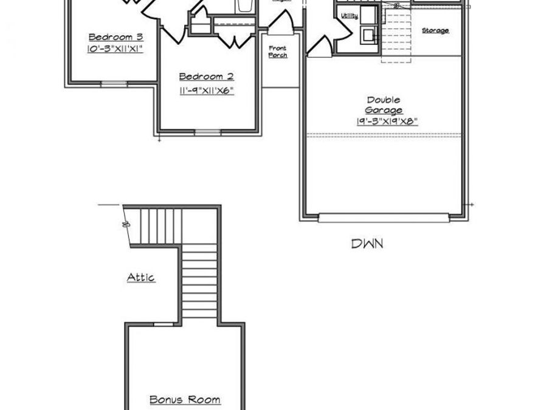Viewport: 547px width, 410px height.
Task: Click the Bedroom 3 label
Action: [107, 36]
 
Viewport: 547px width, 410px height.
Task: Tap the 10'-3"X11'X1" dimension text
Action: [107, 49]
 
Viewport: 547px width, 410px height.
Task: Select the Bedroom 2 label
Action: [207, 77]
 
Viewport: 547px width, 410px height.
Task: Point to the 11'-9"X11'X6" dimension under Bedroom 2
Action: [207, 91]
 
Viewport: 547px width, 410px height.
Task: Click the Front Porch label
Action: [278, 52]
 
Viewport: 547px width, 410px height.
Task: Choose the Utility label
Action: [349, 16]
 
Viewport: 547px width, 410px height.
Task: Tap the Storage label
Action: [435, 30]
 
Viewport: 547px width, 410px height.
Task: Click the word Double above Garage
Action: [384, 100]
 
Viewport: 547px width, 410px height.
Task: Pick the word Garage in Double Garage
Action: [384, 111]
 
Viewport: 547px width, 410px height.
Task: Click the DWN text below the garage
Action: [368, 244]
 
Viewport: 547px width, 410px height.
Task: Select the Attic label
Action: [141, 278]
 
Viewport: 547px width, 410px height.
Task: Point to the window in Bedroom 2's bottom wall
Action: [207, 131]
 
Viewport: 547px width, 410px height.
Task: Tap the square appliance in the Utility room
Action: [368, 34]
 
